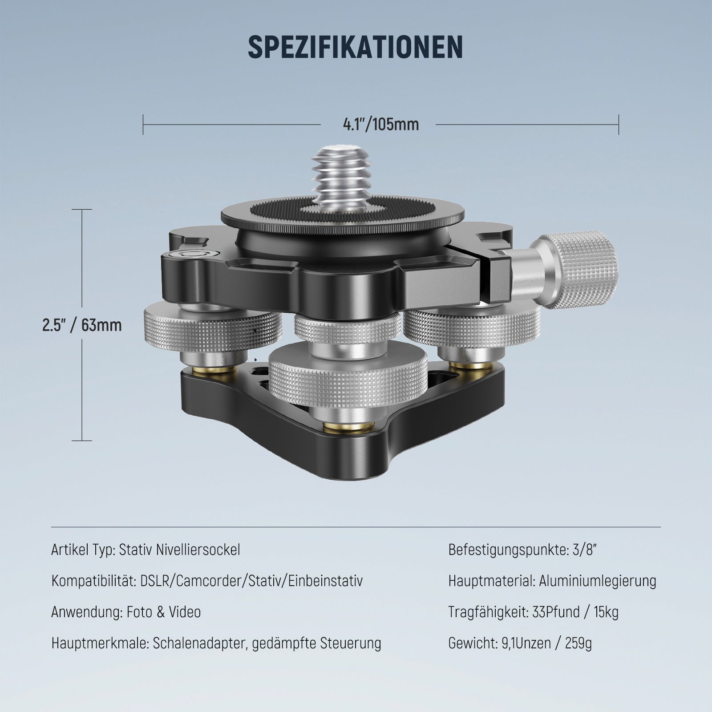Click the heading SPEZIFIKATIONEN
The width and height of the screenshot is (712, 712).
click(355, 46)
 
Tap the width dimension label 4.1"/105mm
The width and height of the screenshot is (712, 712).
click(380, 125)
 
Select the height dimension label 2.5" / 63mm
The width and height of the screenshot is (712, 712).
click(82, 325)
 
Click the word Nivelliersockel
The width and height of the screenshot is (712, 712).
click(198, 550)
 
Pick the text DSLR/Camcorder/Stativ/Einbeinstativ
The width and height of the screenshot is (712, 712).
click(251, 581)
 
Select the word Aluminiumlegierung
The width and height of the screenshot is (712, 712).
click(598, 581)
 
